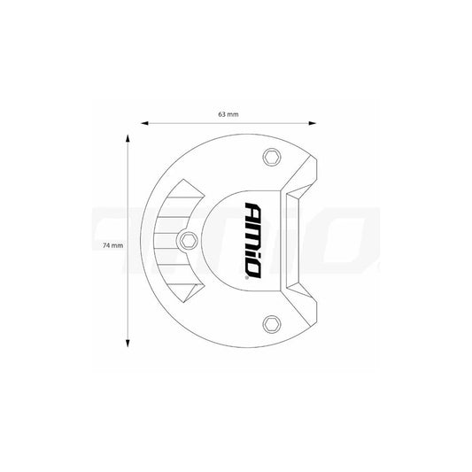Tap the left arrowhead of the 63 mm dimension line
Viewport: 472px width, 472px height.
pos(140,124)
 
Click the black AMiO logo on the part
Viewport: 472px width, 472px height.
pos(251,240)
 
